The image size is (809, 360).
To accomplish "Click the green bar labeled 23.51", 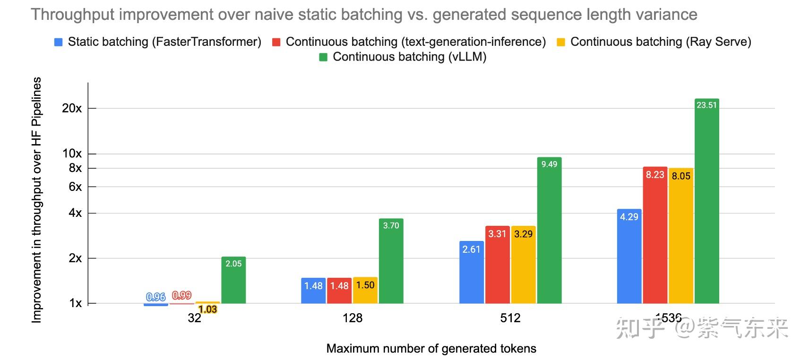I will click(706, 203).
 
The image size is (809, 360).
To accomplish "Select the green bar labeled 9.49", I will click(549, 231).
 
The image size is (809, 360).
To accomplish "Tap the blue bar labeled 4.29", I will click(629, 257).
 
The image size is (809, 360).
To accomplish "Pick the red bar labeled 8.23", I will click(655, 236).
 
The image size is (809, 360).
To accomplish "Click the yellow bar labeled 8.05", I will click(681, 236).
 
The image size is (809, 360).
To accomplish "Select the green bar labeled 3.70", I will click(391, 262).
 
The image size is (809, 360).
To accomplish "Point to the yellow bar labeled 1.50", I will click(365, 291).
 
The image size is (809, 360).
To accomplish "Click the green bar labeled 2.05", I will click(233, 281).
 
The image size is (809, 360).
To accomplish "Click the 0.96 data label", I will click(155, 297).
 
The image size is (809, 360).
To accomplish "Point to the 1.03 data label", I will click(207, 309).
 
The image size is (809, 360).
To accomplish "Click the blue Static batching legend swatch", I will click(59, 42).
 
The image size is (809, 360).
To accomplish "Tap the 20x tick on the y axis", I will click(72, 108).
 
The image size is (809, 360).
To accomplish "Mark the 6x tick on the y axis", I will click(75, 187).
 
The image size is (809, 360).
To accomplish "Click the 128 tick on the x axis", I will click(353, 318).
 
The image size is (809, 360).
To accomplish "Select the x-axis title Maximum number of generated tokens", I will click(431, 349).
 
